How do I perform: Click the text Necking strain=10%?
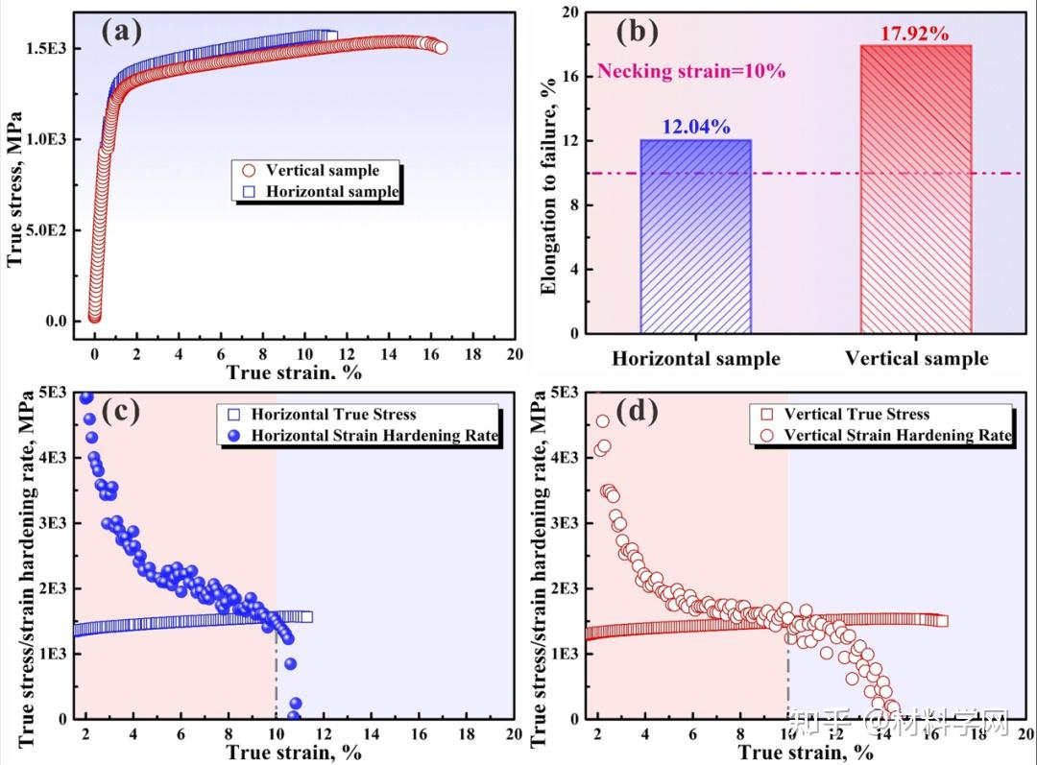tap(691, 71)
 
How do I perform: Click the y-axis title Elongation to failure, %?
tap(549, 173)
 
